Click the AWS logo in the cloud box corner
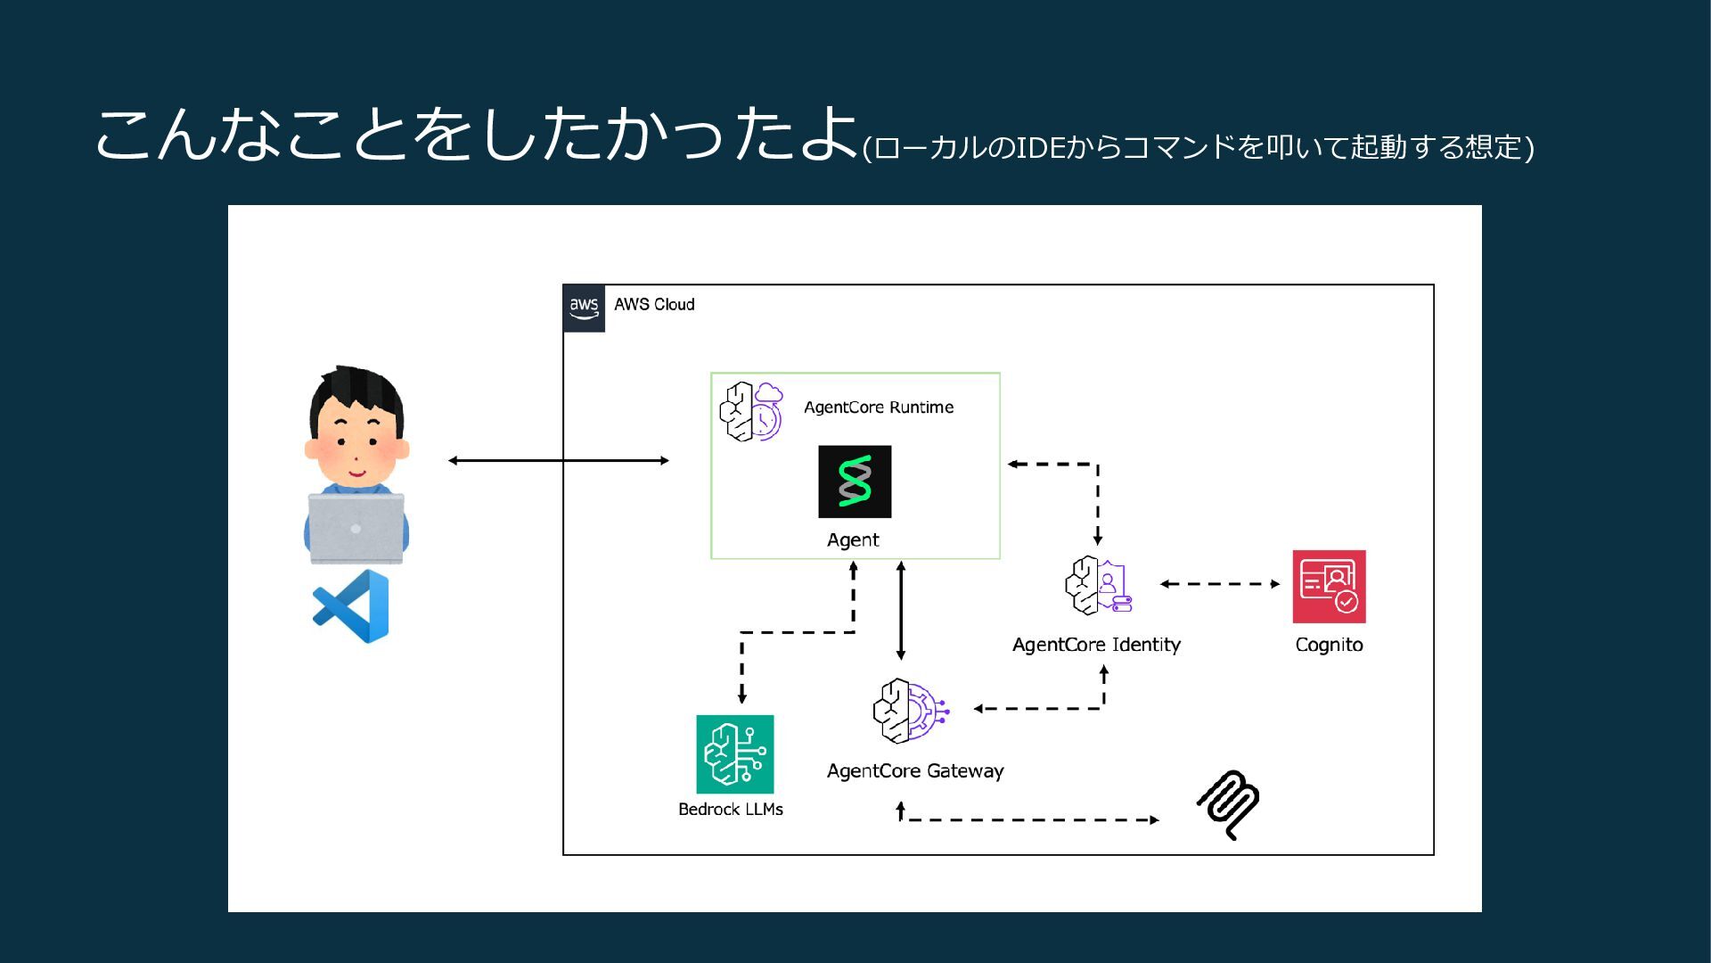coord(584,309)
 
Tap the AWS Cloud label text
coord(654,304)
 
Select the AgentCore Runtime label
coord(879,407)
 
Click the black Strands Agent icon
coord(855,481)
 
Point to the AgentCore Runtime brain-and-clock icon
coord(751,411)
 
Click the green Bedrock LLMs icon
coord(735,754)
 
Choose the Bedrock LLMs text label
coord(731,810)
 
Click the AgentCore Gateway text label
coord(915,771)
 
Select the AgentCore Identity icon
coord(1098,586)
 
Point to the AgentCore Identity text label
coord(1096,645)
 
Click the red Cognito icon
coord(1330,587)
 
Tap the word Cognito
coord(1330,645)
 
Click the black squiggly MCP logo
coord(1228,804)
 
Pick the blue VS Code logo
coord(351,606)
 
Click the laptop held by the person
coord(356,528)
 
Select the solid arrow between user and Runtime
coord(559,461)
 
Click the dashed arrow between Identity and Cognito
coord(1220,584)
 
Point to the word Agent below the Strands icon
coord(853,540)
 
